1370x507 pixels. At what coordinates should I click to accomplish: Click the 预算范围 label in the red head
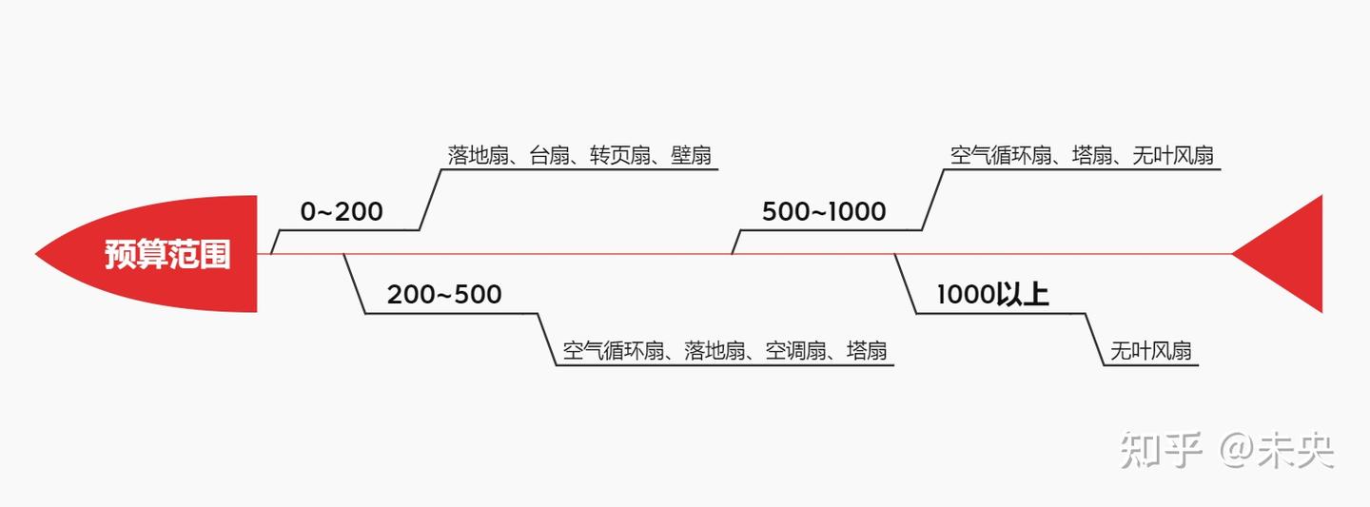coord(167,255)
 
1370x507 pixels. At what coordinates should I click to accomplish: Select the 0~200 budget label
coord(342,212)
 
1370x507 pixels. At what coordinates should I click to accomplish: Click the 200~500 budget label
coord(443,295)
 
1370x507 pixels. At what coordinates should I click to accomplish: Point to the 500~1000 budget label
coord(824,212)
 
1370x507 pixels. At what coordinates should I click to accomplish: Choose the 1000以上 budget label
coord(992,295)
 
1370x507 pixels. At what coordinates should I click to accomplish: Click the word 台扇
coord(549,155)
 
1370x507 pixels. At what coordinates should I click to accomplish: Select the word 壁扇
coord(691,155)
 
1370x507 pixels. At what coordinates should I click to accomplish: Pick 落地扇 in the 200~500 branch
coord(714,351)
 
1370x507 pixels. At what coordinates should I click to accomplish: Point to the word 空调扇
coord(796,351)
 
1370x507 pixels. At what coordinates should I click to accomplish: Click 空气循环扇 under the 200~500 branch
coord(613,351)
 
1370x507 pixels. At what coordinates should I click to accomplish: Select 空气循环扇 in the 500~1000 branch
coord(1001,155)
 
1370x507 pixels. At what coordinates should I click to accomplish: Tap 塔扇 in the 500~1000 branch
coord(1092,155)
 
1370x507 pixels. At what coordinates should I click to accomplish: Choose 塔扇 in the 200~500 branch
coord(867,351)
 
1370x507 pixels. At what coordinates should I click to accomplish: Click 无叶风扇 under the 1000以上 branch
coord(1151,351)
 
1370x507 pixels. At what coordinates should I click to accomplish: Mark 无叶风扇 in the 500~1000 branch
coord(1173,155)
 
